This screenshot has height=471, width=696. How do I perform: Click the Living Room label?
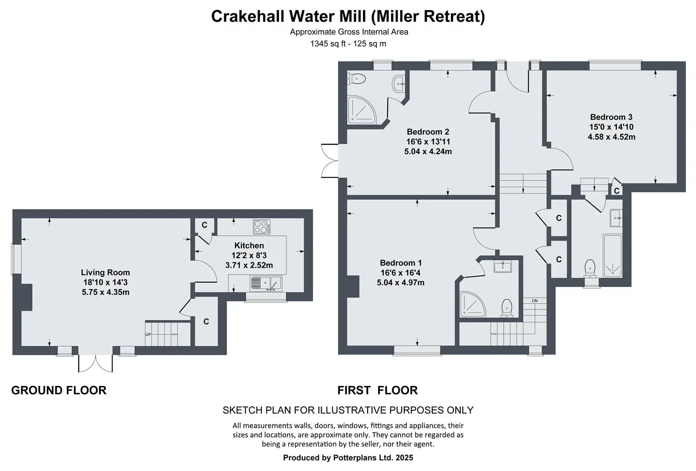(106, 273)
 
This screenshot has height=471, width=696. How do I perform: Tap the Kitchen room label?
(249, 246)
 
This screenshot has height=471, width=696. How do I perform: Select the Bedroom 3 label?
(611, 117)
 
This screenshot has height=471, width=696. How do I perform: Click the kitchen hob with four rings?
(262, 226)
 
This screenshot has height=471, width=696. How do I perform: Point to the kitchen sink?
(266, 283)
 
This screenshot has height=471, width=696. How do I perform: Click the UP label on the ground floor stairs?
(148, 334)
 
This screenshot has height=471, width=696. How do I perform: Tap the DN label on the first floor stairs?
(535, 301)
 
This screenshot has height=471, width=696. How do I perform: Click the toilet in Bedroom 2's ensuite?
(356, 79)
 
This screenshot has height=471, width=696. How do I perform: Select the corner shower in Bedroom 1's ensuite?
(472, 304)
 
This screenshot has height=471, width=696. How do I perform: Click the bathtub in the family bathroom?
(612, 256)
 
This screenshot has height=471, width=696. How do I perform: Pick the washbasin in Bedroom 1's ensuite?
(502, 266)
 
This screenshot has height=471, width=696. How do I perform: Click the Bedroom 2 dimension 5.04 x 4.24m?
(428, 152)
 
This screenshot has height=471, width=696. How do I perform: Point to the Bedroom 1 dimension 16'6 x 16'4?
(400, 273)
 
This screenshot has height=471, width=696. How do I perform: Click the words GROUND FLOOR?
(59, 390)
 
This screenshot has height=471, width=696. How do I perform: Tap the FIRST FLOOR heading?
(378, 390)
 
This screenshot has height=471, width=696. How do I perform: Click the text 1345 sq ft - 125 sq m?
(348, 44)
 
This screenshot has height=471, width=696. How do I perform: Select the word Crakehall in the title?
(248, 17)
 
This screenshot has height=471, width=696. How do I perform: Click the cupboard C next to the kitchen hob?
(205, 225)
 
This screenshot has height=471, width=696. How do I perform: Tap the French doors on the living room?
(96, 363)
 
